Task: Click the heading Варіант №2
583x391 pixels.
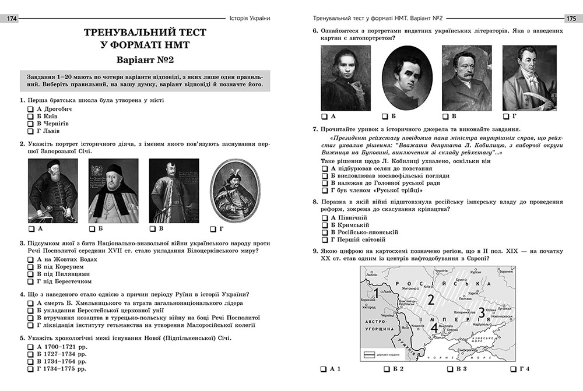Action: click(145, 60)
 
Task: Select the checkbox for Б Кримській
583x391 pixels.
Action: click(325, 224)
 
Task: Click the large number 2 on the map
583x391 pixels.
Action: click(431, 300)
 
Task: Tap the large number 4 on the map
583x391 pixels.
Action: click(434, 328)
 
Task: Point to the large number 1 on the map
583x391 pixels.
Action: click(377, 294)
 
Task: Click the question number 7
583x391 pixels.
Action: click(315, 129)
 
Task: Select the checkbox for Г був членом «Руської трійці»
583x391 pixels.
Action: click(325, 190)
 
